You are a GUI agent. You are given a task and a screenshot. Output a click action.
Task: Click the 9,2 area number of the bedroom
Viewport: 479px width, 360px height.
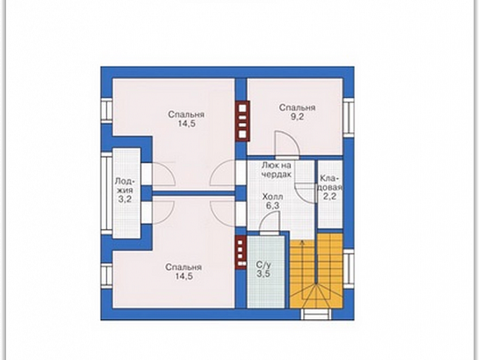click(297, 116)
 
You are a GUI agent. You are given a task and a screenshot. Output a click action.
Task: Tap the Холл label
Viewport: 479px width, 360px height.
click(273, 197)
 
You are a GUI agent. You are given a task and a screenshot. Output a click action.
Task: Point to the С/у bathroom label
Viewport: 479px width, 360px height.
click(264, 265)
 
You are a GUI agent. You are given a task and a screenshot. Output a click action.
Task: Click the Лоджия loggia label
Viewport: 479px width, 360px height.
click(125, 185)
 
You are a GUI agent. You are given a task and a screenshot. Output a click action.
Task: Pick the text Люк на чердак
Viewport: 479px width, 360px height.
click(277, 169)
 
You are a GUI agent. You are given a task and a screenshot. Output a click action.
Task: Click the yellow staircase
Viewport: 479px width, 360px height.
click(316, 271)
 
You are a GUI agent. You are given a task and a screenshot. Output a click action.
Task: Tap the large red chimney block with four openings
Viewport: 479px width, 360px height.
click(243, 121)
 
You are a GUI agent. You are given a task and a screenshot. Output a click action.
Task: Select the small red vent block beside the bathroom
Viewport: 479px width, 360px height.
click(241, 252)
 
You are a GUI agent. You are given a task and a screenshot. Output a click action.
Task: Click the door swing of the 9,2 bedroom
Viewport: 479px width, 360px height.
click(287, 144)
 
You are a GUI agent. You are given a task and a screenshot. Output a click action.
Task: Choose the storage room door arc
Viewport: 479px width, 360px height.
click(305, 192)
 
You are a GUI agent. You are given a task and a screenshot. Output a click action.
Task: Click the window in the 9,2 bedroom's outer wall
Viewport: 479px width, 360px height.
click(348, 118)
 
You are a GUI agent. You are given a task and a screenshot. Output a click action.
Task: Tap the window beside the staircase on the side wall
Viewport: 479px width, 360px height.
click(348, 268)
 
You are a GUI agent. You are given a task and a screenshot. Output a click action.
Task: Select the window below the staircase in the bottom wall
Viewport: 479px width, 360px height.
click(316, 314)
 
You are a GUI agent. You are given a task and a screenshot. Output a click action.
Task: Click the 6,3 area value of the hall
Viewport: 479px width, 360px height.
click(273, 206)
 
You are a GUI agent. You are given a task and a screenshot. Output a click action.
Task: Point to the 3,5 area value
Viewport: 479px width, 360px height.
click(264, 274)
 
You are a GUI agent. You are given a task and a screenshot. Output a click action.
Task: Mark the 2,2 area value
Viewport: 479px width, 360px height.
click(330, 196)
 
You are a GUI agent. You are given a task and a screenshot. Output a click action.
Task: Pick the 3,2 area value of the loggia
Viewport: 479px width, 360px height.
click(125, 199)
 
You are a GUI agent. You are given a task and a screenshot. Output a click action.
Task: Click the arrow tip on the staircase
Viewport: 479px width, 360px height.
click(303, 241)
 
